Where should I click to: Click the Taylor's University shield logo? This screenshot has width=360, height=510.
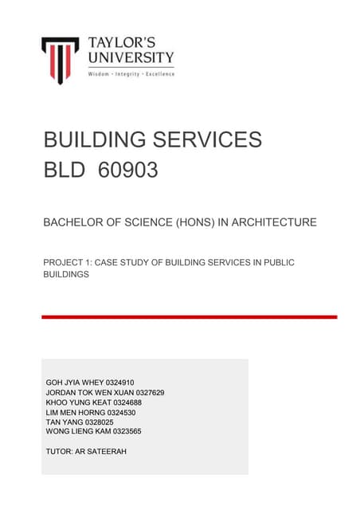click(60, 60)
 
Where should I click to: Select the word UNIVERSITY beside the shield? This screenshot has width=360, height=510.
click(131, 57)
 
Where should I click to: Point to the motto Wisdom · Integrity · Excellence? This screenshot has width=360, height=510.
click(131, 73)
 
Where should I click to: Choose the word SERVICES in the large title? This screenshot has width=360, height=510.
click(208, 139)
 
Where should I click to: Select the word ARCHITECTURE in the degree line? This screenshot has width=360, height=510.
click(273, 222)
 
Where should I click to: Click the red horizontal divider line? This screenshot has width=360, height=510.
click(189, 316)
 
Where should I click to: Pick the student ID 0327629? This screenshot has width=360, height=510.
click(147, 392)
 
